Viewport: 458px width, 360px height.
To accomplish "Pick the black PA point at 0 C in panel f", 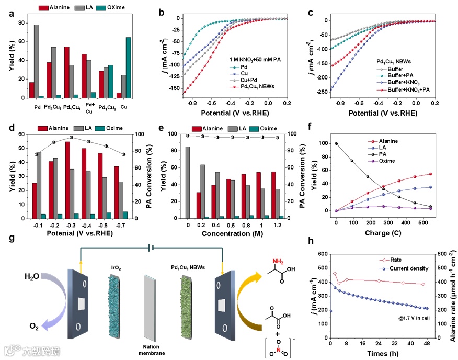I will [337, 143].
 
